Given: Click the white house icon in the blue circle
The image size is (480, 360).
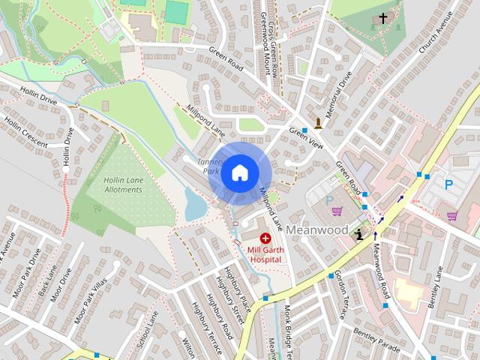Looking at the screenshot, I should [x=239, y=173].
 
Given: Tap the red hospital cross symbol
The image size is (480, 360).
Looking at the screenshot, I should [x=265, y=238].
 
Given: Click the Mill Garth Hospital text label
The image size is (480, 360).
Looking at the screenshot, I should [x=265, y=253].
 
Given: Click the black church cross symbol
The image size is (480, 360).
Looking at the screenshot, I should [x=383, y=18].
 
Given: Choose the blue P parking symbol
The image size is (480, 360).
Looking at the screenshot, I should [x=448, y=184].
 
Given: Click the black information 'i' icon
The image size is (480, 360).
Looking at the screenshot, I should [x=360, y=234].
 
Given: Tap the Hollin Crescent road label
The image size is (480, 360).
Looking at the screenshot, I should [x=25, y=133].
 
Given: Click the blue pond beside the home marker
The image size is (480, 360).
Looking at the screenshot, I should [x=195, y=205].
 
